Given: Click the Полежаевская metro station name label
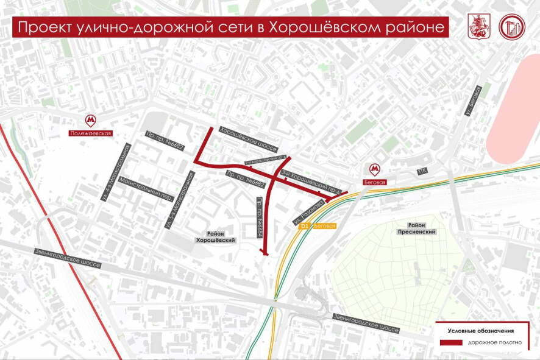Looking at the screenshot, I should click(90, 132).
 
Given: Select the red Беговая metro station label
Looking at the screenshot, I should click(375, 181).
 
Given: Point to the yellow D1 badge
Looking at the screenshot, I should click(305, 226).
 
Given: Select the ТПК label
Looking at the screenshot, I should click(421, 172).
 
